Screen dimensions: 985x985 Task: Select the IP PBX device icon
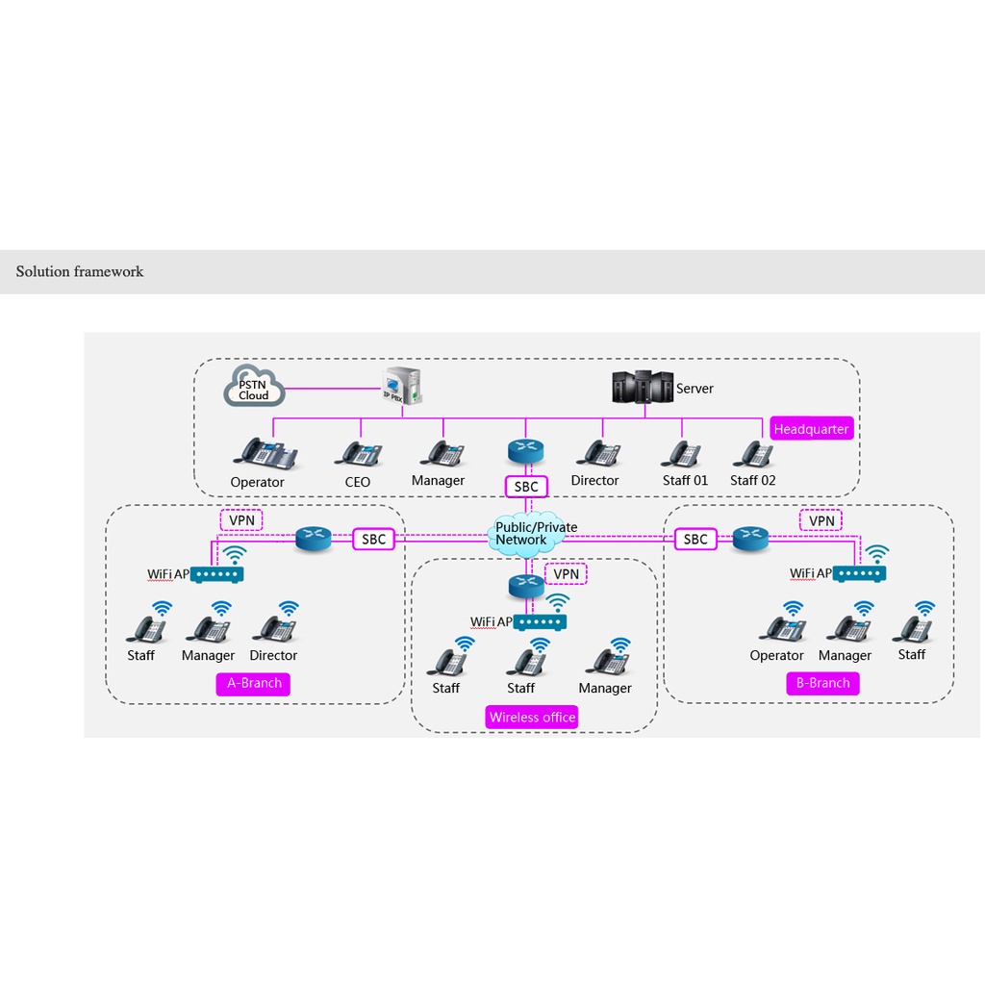(402, 387)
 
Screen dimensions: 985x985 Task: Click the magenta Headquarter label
(811, 429)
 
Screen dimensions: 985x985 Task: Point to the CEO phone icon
(359, 453)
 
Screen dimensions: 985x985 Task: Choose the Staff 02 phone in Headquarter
(752, 453)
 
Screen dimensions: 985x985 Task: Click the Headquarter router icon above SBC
(526, 452)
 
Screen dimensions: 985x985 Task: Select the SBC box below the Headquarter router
(526, 487)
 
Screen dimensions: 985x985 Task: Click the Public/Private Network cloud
(535, 534)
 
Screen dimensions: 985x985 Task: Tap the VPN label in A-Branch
(242, 520)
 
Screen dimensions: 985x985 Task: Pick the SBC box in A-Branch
(374, 540)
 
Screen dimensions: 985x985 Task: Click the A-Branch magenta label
(254, 683)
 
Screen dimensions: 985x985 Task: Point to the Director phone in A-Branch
(274, 629)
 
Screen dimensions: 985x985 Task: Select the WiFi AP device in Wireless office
(540, 622)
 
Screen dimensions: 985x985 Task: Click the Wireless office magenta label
(532, 718)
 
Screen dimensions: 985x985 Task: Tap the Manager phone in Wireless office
(607, 662)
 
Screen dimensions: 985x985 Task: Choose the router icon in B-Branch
(750, 540)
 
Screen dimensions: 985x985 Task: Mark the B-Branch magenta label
(822, 683)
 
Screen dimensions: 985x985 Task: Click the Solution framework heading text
(80, 271)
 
